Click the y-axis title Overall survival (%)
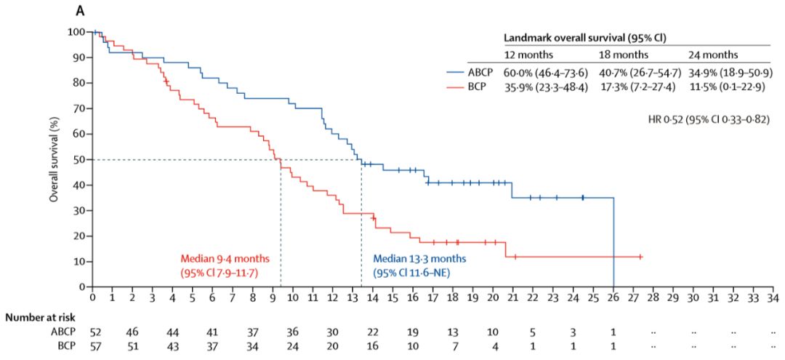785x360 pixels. coord(55,159)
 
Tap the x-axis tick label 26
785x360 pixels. coord(614,298)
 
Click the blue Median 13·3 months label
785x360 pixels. coord(419,258)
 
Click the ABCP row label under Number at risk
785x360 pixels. coord(63,331)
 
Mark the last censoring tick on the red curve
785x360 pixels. coord(640,256)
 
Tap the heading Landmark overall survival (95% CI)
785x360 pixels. coord(585,36)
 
